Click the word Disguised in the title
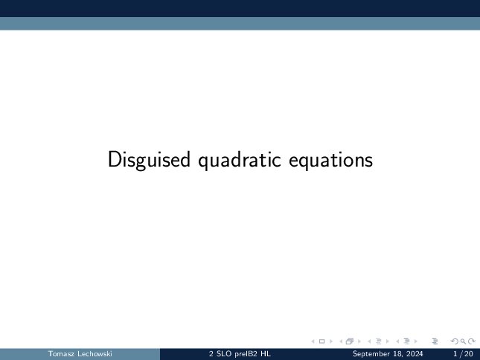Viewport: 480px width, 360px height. (x=149, y=160)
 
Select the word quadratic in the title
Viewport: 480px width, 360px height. (x=240, y=160)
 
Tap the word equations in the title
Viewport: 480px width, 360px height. (x=330, y=160)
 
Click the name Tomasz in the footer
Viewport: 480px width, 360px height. (x=61, y=354)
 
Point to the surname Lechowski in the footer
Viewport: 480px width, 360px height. (x=95, y=354)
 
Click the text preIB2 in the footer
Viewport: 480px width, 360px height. (x=246, y=354)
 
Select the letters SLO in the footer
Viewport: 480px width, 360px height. (x=224, y=354)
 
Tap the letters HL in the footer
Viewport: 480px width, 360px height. (x=266, y=354)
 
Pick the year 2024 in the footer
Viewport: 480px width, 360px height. (x=415, y=354)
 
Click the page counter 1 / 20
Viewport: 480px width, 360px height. (x=463, y=354)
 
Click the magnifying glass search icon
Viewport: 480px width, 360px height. (x=463, y=341)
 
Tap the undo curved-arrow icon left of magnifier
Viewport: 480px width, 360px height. (x=455, y=341)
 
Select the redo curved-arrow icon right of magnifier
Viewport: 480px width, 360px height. (x=471, y=341)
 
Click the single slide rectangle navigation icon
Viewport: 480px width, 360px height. (x=321, y=341)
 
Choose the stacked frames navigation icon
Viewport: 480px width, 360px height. (x=350, y=341)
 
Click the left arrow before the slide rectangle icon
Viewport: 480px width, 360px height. (x=313, y=341)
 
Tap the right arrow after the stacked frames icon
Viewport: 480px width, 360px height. (x=359, y=341)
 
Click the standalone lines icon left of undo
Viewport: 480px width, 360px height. (x=435, y=341)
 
